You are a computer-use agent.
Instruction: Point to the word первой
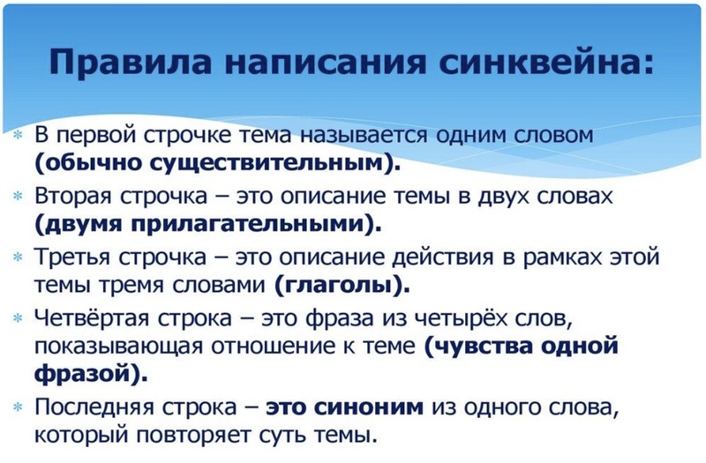click(x=96, y=135)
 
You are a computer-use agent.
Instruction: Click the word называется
click(x=364, y=135)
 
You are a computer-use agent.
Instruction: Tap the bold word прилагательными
click(x=252, y=224)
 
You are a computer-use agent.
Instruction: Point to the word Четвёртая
click(x=92, y=318)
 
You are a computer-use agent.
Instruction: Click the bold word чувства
click(x=483, y=346)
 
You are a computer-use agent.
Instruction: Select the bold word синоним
click(x=368, y=407)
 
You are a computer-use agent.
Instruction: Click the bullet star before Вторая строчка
click(x=18, y=197)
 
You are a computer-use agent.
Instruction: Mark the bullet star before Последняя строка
click(x=18, y=407)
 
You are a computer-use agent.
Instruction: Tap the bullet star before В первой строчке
click(x=18, y=135)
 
